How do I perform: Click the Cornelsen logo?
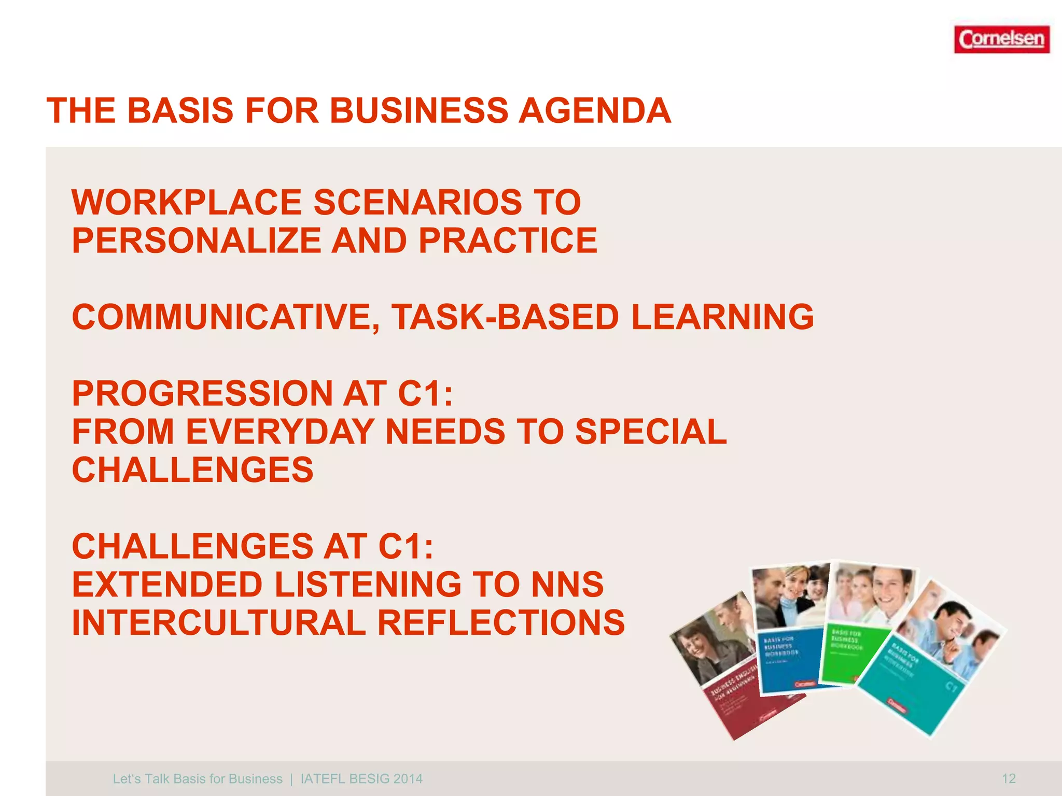[1001, 39]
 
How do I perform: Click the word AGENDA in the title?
[595, 111]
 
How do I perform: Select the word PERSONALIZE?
[197, 240]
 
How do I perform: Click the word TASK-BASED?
[505, 317]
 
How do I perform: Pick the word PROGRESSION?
[202, 393]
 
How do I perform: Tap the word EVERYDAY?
[280, 432]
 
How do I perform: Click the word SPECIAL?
[651, 432]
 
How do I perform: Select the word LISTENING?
[368, 585]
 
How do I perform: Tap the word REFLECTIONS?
[501, 622]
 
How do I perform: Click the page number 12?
[1009, 778]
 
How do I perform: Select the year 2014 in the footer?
[408, 779]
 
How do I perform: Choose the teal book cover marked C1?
[928, 674]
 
